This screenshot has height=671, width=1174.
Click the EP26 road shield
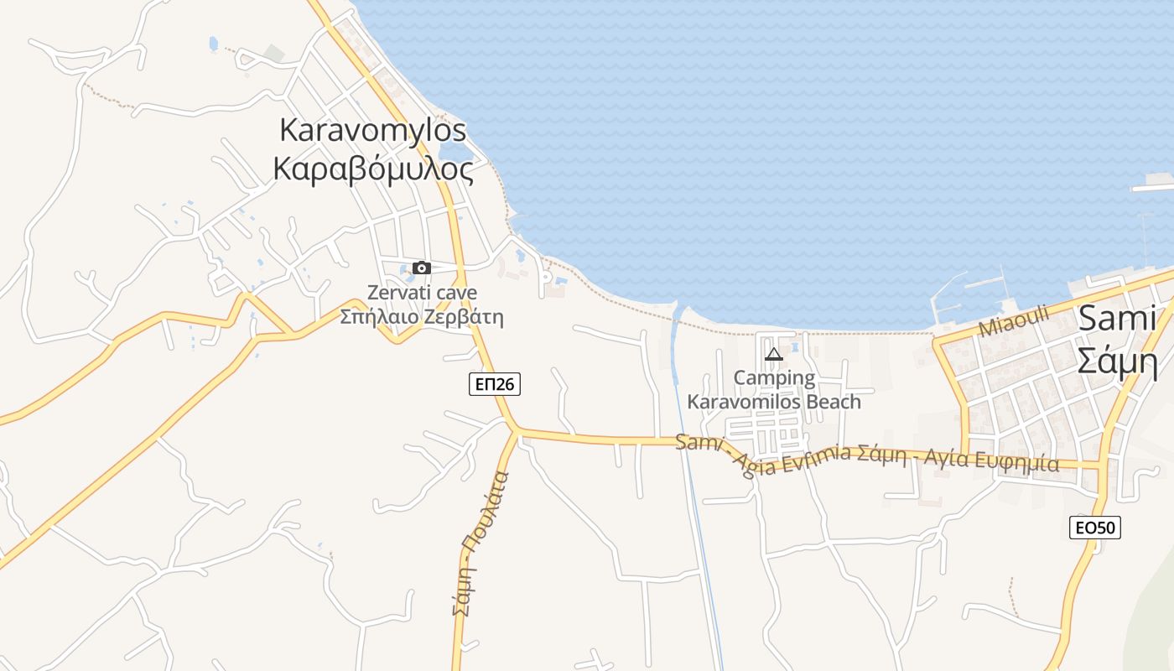pyautogui.click(x=494, y=384)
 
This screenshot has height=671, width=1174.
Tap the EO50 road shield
pyautogui.click(x=1095, y=528)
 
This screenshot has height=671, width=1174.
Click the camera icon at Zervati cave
pyautogui.click(x=422, y=268)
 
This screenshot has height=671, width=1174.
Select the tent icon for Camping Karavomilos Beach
pyautogui.click(x=773, y=354)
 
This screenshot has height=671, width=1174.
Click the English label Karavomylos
pyautogui.click(x=372, y=131)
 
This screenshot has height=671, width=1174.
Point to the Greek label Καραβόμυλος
pyautogui.click(x=373, y=169)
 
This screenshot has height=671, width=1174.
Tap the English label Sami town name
pyautogui.click(x=1117, y=319)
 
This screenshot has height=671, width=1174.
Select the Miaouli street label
pyautogui.click(x=1013, y=320)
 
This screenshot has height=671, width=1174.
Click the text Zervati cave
pyautogui.click(x=422, y=293)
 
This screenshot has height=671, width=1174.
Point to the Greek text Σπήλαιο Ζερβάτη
pyautogui.click(x=422, y=317)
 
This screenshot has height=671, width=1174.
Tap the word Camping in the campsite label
pyautogui.click(x=774, y=377)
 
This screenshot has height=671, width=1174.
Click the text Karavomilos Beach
pyautogui.click(x=774, y=401)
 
